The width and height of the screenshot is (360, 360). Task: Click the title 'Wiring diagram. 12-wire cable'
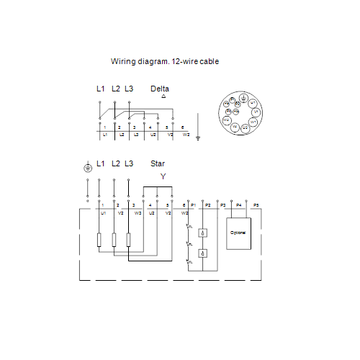point(164,62)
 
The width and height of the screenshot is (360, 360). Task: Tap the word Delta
point(160,89)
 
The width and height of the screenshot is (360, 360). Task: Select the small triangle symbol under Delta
point(163,96)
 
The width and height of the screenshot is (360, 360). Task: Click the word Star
point(158,163)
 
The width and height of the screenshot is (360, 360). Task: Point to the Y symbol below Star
point(163,176)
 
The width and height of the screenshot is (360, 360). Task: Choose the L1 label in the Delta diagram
point(101,89)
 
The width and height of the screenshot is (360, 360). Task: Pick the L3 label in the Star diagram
point(129,163)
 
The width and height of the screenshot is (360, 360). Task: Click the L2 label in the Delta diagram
point(115,89)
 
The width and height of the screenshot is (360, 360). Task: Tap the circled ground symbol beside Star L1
point(88,167)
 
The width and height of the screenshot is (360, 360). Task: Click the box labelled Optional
point(238,233)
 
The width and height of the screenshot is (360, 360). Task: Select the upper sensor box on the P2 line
point(204,233)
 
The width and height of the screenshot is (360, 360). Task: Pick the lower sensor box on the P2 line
point(204,253)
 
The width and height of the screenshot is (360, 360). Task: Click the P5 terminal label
point(256,206)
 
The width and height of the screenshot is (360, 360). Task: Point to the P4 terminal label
point(239,206)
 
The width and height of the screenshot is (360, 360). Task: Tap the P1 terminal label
point(193,206)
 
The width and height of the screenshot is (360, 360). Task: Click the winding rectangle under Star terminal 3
point(128,240)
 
